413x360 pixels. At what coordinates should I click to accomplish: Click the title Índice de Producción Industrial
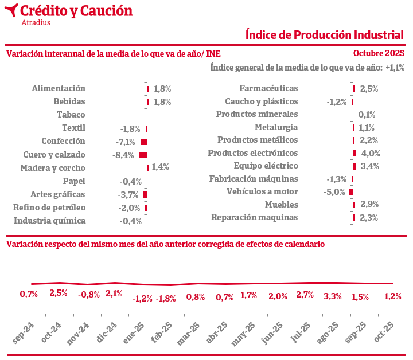325,34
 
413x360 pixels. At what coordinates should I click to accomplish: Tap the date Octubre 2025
379,53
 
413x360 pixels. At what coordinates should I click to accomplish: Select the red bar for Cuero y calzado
143,155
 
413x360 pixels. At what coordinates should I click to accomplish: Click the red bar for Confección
144,142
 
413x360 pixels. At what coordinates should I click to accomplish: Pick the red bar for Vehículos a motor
351,192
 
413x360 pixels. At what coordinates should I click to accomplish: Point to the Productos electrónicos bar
355,153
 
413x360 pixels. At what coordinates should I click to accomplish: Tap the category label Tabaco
71,115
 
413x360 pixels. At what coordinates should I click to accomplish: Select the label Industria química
50,221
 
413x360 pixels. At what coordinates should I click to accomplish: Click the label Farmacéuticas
268,88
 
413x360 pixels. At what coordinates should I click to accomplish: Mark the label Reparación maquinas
255,217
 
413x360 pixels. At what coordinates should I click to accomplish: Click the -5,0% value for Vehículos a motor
336,192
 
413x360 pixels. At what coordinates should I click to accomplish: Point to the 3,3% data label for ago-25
333,296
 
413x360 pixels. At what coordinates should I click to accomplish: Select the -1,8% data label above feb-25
166,298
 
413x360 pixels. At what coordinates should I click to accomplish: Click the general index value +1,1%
395,68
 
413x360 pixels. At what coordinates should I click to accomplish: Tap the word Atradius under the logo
36,22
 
